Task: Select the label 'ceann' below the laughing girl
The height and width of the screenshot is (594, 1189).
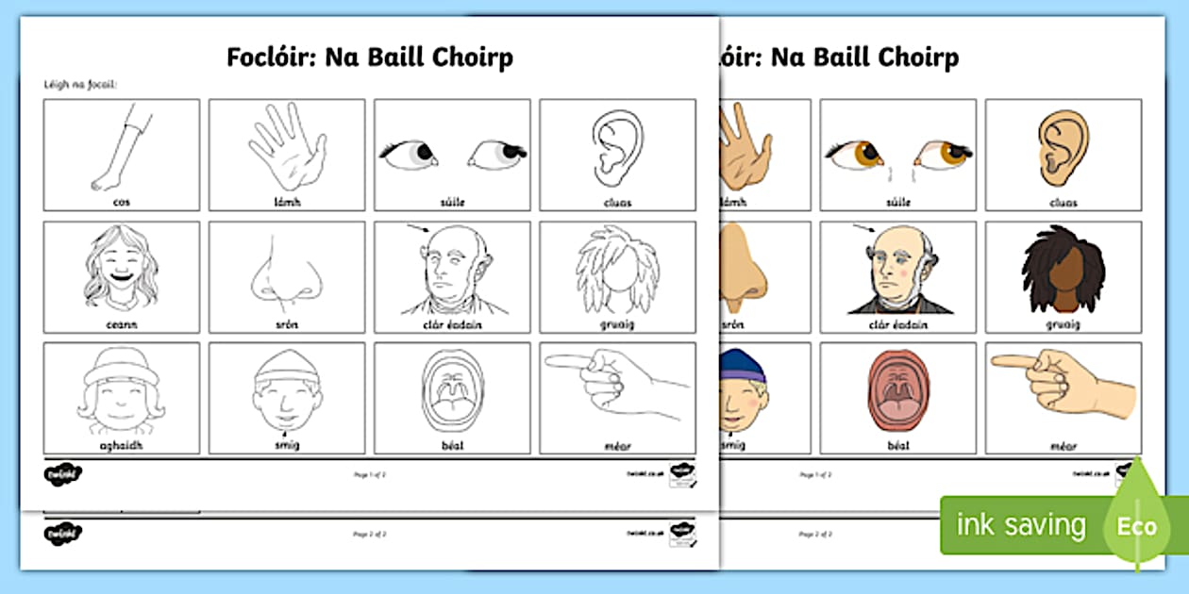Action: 121,324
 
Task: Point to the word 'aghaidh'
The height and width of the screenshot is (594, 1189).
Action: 121,445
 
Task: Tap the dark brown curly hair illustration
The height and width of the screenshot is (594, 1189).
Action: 1063,269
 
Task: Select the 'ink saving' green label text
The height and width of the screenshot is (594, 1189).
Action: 1021,525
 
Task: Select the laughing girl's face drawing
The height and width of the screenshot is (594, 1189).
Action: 121,267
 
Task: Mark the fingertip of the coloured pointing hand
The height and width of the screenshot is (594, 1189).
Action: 996,360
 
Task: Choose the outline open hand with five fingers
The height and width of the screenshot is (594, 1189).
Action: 288,146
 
